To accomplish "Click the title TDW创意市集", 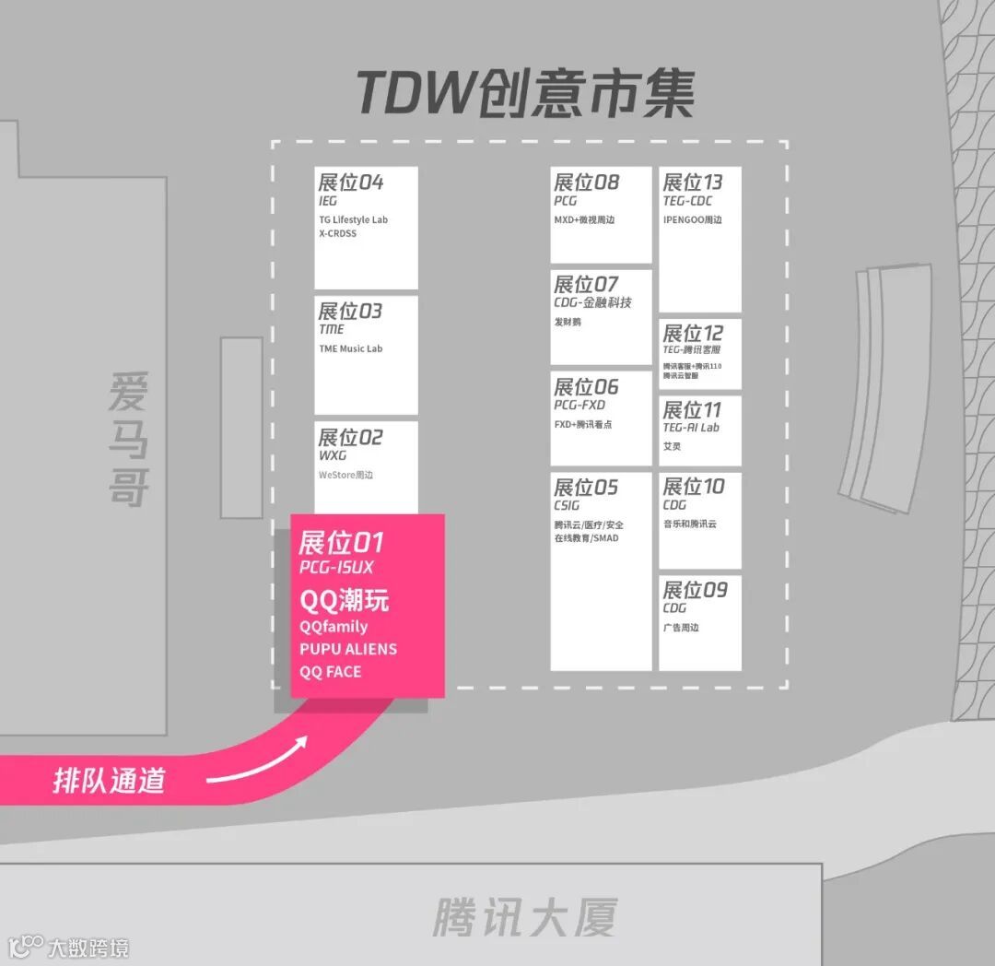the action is point(525,94).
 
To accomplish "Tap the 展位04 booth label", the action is point(350,182).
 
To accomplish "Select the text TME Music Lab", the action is point(350,348).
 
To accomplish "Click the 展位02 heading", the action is point(350,437).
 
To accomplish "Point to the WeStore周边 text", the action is point(345,475).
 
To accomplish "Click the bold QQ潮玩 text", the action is point(345,600).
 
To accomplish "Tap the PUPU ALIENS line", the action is point(348,649).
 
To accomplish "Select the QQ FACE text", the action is point(331,672).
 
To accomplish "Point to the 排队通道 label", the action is point(109,781).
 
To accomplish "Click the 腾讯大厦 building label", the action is point(524,917).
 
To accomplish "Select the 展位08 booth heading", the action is point(586,182).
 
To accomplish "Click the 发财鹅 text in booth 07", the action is point(568,322).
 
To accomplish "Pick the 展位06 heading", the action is point(586,386).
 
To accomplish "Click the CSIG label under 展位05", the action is point(567,505).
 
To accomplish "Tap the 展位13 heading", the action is point(693,182).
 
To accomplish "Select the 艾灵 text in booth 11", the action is point(672,446).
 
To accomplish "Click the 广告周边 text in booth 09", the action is point(681,628).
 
